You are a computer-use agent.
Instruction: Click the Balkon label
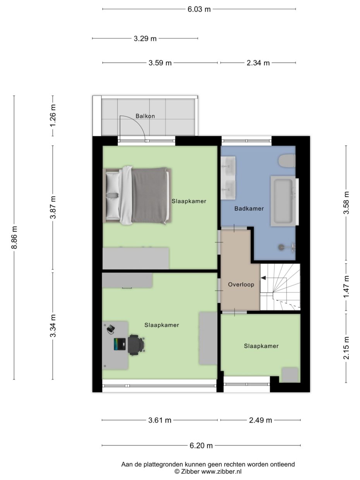point(145,116)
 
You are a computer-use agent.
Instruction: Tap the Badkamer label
point(249,209)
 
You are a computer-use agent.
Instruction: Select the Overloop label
point(241,285)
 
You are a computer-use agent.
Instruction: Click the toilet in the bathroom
point(287,161)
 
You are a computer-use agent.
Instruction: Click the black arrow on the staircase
point(263,278)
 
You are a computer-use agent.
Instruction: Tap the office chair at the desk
point(136,345)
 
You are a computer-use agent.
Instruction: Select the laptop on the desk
point(120,344)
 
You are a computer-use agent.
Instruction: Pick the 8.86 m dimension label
point(14,237)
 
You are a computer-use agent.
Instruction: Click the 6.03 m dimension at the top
point(199,9)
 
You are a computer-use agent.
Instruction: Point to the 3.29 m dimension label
point(145,38)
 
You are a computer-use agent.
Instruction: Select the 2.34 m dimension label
point(258,63)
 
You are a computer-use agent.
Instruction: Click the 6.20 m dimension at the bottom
point(201,446)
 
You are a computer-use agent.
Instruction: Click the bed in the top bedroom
point(137,195)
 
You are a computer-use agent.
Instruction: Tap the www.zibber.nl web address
point(221,471)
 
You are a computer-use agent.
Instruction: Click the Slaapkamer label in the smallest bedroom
point(261,346)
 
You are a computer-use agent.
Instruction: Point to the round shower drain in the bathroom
point(281,246)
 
